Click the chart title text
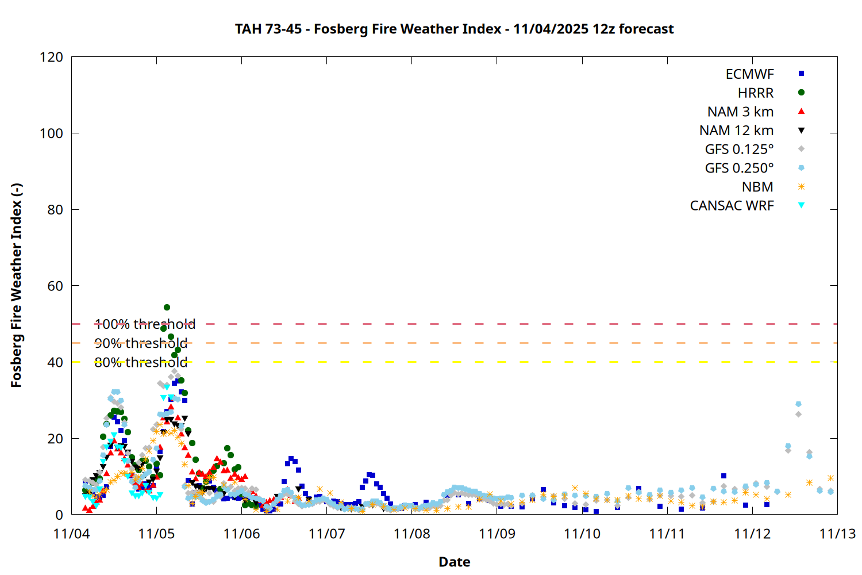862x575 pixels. (454, 29)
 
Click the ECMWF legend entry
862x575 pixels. (749, 74)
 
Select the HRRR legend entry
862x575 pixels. (756, 93)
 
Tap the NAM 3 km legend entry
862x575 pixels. (740, 112)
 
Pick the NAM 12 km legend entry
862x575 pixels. (736, 131)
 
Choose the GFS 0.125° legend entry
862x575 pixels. (739, 149)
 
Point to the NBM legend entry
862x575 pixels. (757, 187)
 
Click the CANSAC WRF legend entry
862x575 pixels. (732, 206)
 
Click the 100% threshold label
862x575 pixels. (145, 324)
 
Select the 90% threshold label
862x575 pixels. (141, 343)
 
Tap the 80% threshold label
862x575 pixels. (141, 362)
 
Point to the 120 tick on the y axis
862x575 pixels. (52, 57)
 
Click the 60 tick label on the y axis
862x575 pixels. (55, 286)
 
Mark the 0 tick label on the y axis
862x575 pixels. (59, 515)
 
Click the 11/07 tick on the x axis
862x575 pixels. (326, 534)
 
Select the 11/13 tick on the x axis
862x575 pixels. (837, 534)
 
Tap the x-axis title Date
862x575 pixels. (454, 562)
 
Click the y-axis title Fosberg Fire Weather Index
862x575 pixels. (16, 286)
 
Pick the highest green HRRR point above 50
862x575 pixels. (167, 308)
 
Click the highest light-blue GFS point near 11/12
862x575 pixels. (798, 404)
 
